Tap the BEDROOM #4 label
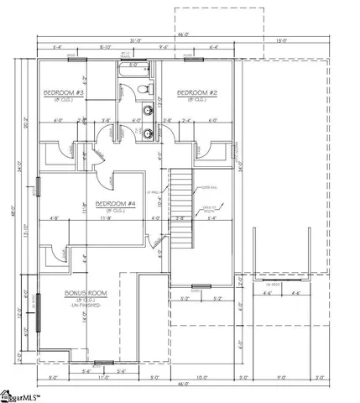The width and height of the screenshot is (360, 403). click(115, 204)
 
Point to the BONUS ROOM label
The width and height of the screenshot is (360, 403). click(85, 293)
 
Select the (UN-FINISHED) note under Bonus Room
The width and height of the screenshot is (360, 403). click(83, 308)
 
